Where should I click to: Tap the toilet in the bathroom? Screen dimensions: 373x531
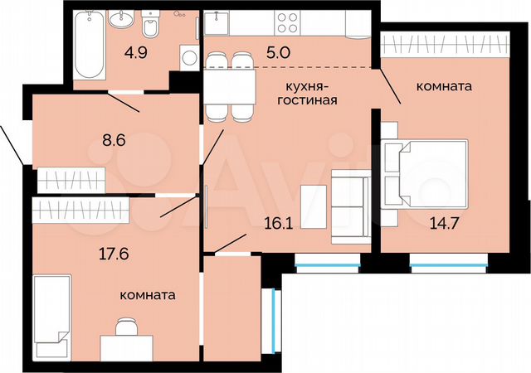[x=150, y=26]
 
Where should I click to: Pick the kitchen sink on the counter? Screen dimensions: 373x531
[x=219, y=22]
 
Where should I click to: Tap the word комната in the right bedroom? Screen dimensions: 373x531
[x=446, y=85]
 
